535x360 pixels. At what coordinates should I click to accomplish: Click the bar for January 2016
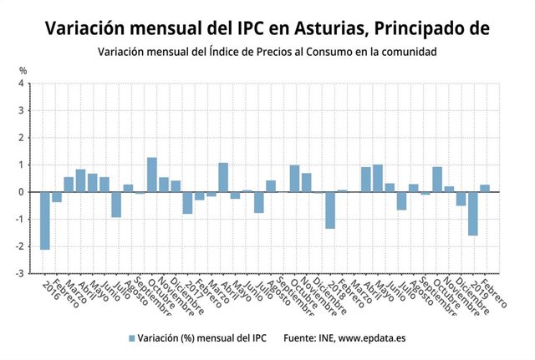pyautogui.click(x=44, y=221)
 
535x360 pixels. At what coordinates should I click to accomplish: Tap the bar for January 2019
pyautogui.click(x=473, y=213)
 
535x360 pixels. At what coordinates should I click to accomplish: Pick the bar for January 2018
pyautogui.click(x=330, y=210)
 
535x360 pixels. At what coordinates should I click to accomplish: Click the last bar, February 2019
pyautogui.click(x=485, y=188)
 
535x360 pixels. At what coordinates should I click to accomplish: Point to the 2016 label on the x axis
pyautogui.click(x=52, y=291)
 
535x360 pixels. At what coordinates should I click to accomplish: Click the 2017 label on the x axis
pyautogui.click(x=193, y=291)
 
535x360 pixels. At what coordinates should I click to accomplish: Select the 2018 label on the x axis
pyautogui.click(x=336, y=291)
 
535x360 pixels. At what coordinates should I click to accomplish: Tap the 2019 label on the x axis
pyautogui.click(x=479, y=291)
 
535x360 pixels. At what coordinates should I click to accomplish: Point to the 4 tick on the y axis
pyautogui.click(x=22, y=84)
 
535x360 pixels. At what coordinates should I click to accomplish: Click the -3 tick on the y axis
pyautogui.click(x=20, y=273)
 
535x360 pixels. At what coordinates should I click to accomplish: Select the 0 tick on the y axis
pyautogui.click(x=22, y=192)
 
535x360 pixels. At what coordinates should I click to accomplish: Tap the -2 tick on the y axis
pyautogui.click(x=20, y=246)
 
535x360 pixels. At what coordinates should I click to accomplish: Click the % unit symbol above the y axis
pyautogui.click(x=23, y=69)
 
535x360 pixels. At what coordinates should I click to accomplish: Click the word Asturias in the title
pyautogui.click(x=318, y=28)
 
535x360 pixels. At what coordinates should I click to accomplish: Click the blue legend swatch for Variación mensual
pyautogui.click(x=131, y=338)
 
